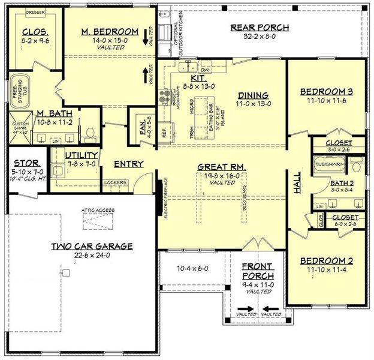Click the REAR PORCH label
[x=260, y=28]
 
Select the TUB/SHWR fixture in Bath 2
[x=328, y=163]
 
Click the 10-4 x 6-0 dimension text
[x=193, y=268]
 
